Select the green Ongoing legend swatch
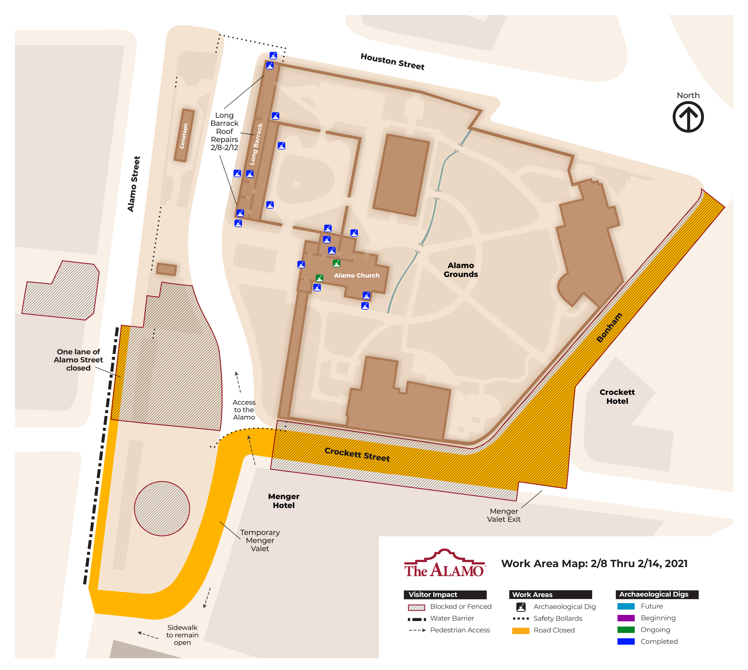pyautogui.click(x=626, y=630)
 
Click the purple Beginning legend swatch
pyautogui.click(x=626, y=618)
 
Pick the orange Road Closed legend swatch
pyautogui.click(x=521, y=630)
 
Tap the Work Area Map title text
pyautogui.click(x=594, y=564)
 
